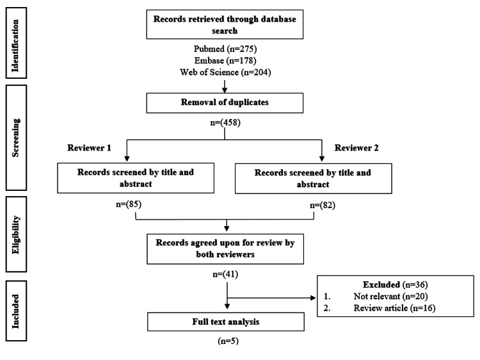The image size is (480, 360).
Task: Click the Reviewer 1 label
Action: coord(89,147)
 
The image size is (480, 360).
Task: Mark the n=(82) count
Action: coord(321,205)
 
